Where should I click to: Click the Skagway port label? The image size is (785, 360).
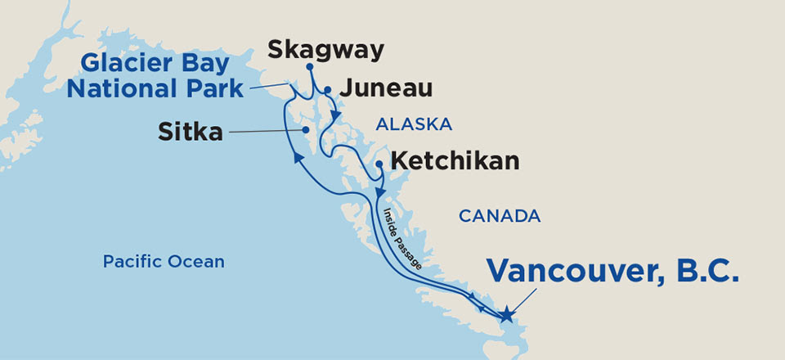point(325,51)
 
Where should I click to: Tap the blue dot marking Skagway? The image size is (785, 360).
point(310,67)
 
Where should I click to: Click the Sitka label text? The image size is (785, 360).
point(190,130)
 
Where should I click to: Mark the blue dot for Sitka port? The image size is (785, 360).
point(304,130)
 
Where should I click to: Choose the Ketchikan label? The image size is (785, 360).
point(455,160)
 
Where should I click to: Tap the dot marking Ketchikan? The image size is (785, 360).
point(379,164)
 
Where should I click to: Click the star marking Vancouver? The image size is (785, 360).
point(507,314)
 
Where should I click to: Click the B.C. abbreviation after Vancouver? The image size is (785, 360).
point(706,272)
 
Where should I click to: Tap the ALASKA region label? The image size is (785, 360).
point(413,124)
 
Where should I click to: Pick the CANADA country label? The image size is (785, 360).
point(500,216)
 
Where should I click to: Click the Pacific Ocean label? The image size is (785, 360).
point(163,262)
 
